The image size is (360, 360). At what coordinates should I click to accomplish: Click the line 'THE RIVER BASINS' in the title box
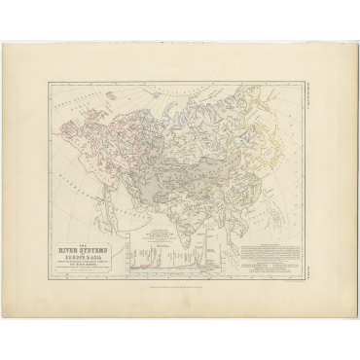92,248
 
